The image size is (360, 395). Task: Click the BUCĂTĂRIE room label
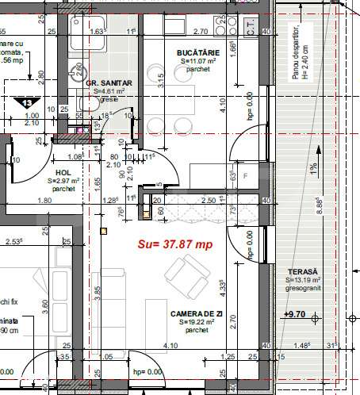[x=197, y=52]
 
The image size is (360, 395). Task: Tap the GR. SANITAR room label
[x=109, y=82]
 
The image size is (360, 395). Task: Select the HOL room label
[x=63, y=171]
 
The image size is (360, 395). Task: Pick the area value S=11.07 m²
[x=197, y=61]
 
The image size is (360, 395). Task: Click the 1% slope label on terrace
[x=314, y=169]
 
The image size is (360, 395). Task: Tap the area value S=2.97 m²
[x=63, y=181]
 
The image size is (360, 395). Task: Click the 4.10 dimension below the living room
[x=170, y=347]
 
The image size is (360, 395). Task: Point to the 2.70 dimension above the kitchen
[x=201, y=33]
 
